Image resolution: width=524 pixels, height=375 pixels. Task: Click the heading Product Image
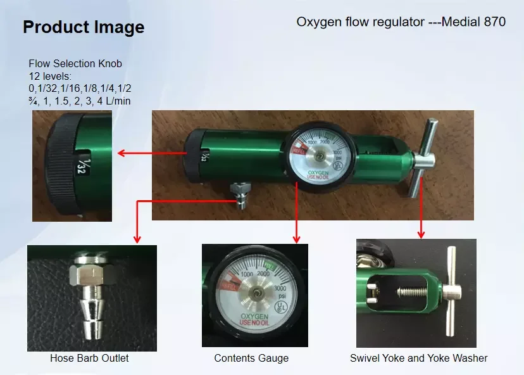point(84,27)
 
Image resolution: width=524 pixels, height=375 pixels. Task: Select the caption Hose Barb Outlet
point(89,359)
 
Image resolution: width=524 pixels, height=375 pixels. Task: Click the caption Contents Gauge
point(251,359)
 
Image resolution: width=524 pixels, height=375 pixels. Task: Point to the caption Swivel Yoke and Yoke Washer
point(418,359)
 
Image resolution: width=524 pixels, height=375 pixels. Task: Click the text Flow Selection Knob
point(75,63)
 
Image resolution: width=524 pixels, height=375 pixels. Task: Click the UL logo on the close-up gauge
point(281,307)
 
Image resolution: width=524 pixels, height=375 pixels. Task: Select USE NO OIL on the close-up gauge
point(254,323)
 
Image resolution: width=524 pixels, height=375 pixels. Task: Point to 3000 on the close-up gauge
point(280,288)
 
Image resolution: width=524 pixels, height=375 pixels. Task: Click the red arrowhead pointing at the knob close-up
point(122,153)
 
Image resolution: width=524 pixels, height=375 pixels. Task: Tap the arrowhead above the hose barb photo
point(137,239)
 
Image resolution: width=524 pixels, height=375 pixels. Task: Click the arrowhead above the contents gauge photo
point(296,239)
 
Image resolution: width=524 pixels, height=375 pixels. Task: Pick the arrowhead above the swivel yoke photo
point(421,234)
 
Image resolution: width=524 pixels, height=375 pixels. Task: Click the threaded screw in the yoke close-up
point(413,292)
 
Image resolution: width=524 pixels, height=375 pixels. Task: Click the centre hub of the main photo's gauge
point(320,156)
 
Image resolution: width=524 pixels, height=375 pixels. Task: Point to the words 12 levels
point(50,76)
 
